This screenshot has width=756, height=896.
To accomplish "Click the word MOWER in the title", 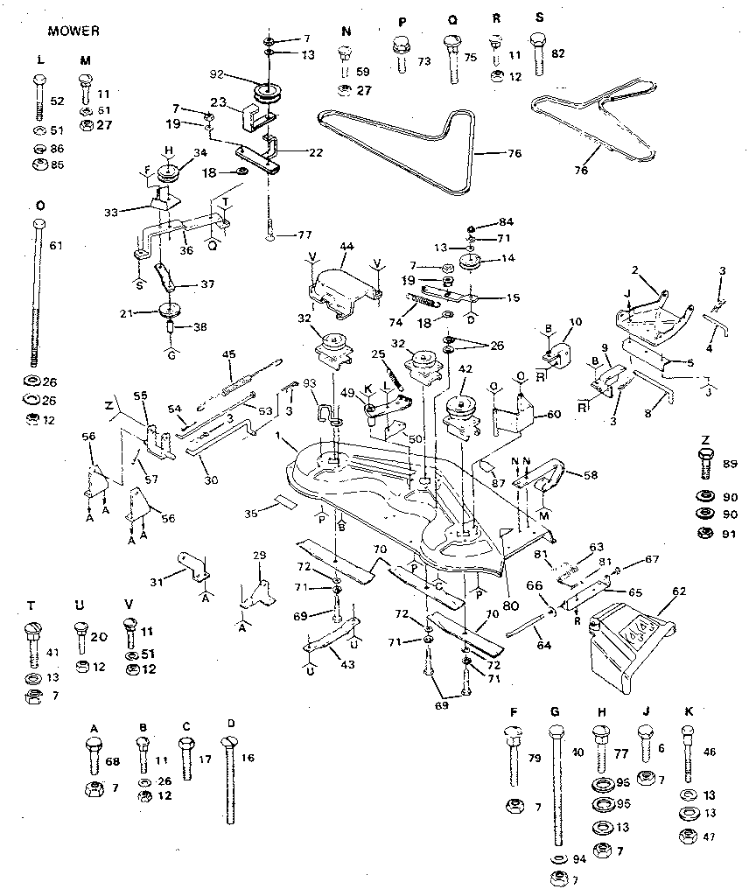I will [x=73, y=31].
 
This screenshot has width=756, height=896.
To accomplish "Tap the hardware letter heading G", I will [x=554, y=711].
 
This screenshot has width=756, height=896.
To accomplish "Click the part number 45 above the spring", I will [x=230, y=354].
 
